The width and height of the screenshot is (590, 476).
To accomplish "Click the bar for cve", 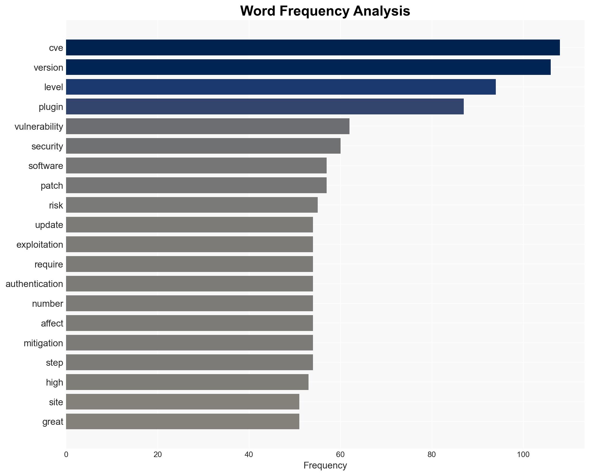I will tap(313, 48).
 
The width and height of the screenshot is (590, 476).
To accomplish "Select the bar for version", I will tap(308, 67).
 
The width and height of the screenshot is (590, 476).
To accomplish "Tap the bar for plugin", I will tap(265, 107).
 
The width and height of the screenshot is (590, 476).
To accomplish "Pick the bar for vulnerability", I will tap(208, 126).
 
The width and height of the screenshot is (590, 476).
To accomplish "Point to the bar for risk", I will tap(192, 205).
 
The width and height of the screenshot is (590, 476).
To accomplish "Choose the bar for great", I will tap(183, 422).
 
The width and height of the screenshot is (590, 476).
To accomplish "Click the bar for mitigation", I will tap(190, 343).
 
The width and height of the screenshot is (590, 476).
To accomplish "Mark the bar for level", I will tap(281, 87).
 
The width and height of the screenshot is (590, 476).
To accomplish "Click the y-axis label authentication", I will tap(34, 284).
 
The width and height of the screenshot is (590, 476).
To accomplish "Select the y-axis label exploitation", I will tap(40, 245).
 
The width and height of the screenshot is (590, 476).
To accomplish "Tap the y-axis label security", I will tap(47, 146).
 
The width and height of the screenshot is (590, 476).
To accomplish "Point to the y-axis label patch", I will tap(52, 186).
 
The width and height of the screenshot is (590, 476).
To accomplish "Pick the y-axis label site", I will tap(56, 402).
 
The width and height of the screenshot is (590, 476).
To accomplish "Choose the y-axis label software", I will tap(46, 166).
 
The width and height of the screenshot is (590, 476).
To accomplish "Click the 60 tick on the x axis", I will tap(340, 455).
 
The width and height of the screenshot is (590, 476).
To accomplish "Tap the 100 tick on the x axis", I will tap(523, 455).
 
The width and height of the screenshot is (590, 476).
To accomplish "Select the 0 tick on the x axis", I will tap(66, 455).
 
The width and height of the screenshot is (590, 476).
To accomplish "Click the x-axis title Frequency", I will tap(325, 465).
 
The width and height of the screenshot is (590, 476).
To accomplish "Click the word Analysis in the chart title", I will tap(382, 11).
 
